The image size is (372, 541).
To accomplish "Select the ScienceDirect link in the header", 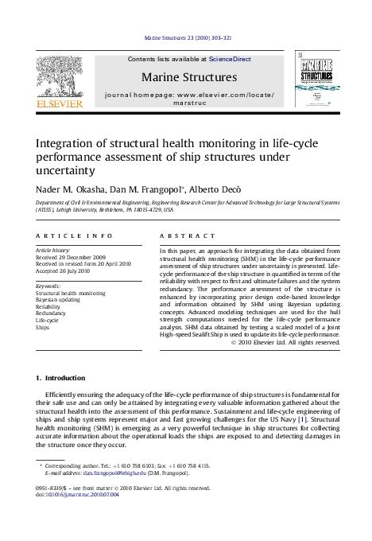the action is click(x=231, y=59).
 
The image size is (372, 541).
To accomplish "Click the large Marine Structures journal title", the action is click(x=188, y=77).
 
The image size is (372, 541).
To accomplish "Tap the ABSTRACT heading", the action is click(x=188, y=236).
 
